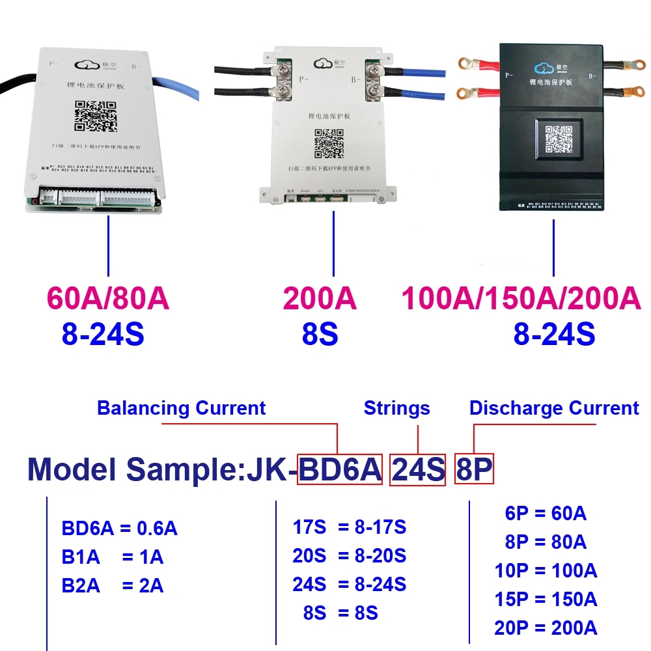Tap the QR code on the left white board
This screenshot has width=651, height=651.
(x=95, y=116)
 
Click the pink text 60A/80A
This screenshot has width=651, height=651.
(x=108, y=299)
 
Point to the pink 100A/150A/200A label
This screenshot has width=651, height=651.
(x=521, y=299)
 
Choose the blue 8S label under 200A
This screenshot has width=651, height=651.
(x=320, y=334)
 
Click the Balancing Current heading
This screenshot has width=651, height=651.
(x=181, y=408)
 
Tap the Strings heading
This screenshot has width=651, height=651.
(x=396, y=408)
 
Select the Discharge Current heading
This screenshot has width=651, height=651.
(x=554, y=408)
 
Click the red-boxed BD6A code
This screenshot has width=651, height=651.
(x=340, y=469)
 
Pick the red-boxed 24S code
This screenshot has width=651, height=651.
(x=417, y=469)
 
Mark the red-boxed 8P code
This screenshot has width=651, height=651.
(x=474, y=469)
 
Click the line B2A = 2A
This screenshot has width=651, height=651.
(x=113, y=585)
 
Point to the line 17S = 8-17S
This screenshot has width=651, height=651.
(x=349, y=527)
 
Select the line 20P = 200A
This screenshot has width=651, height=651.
(x=546, y=628)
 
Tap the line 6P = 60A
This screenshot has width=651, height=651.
(x=546, y=514)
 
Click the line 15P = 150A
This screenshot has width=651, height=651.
(x=546, y=600)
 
